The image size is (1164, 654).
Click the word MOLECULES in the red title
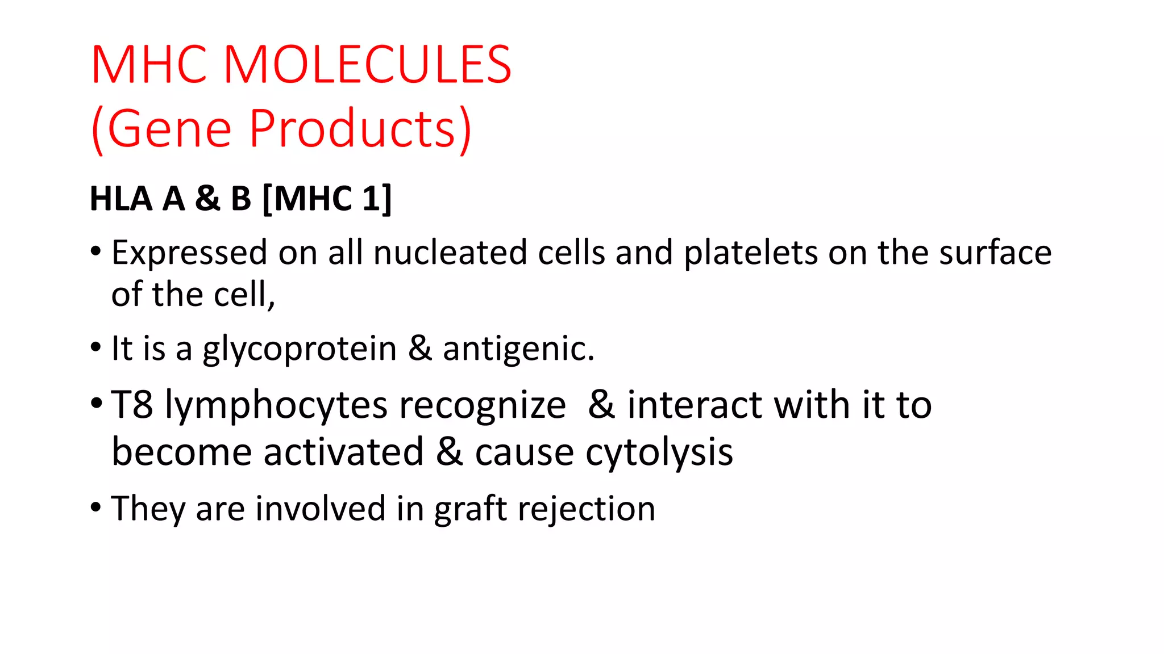click(x=368, y=65)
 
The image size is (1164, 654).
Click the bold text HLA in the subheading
click(x=121, y=199)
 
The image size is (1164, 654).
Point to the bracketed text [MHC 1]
click(x=327, y=199)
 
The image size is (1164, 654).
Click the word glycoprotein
click(x=300, y=349)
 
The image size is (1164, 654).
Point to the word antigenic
click(x=518, y=349)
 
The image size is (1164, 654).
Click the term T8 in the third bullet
click(x=132, y=405)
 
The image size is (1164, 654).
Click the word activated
click(x=343, y=452)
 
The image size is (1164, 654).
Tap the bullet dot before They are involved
click(x=95, y=506)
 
